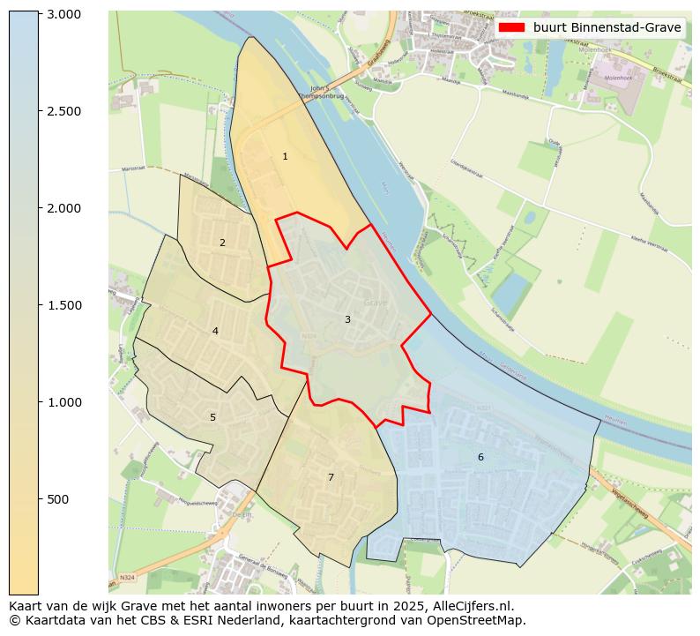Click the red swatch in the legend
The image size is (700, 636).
coord(511,27)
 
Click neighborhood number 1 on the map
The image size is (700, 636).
coord(285,156)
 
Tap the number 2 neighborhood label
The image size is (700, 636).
coord(222,243)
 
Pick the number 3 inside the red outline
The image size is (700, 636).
coord(347,319)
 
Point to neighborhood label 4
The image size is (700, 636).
coord(215,332)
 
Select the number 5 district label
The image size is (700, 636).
coord(212,417)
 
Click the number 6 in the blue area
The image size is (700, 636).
coord(480,457)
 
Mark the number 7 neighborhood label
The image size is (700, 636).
coord(331,477)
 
